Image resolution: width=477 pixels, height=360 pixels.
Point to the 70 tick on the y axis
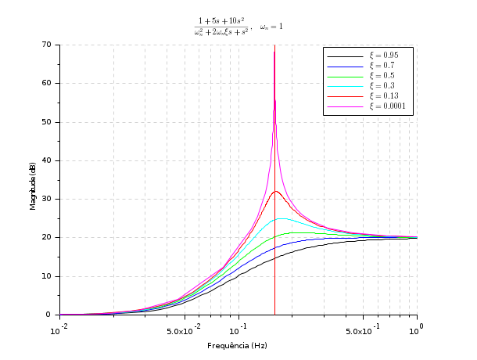coord(47,45)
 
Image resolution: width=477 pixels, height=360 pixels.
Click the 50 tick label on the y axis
coord(47,122)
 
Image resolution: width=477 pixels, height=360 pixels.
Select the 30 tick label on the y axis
coord(47,199)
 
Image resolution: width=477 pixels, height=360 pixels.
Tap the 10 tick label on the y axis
coord(47,276)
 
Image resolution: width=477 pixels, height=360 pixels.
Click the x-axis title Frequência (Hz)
coord(238,345)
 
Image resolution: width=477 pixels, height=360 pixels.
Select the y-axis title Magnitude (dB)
coord(33,185)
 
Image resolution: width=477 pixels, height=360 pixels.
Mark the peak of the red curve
coord(275,191)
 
